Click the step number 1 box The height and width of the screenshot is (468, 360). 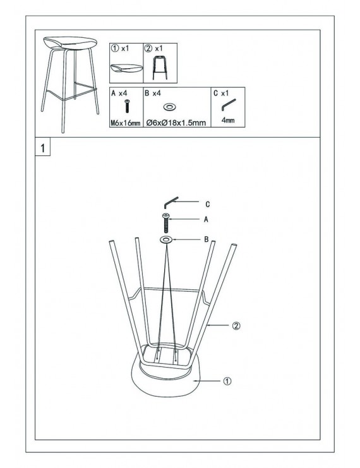pos(43,147)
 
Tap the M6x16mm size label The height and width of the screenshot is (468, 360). pos(126,123)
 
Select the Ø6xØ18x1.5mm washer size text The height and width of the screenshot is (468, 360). pos(176,123)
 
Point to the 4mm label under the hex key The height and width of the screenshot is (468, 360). pos(228,120)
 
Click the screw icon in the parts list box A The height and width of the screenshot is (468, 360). pos(127,106)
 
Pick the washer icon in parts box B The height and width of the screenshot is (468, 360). pos(170,107)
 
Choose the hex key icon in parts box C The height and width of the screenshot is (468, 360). pos(229,105)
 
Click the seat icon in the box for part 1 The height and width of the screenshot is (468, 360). pos(126,68)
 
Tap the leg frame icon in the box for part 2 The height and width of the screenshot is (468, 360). pos(160,68)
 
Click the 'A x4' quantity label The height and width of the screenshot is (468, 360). pos(119,93)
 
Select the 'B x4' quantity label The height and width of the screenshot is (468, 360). pos(153,93)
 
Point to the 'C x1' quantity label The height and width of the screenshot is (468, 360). pos(221,93)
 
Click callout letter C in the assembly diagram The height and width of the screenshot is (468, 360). pos(208,205)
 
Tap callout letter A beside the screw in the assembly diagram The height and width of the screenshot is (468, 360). pos(206,220)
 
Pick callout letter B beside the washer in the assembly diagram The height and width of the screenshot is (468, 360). pos(206,239)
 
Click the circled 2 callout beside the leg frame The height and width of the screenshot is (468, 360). pos(236,326)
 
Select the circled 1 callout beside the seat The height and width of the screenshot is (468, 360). pos(227,381)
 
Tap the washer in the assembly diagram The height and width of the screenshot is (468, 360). pos(166,239)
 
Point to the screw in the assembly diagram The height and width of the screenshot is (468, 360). pos(166,223)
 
